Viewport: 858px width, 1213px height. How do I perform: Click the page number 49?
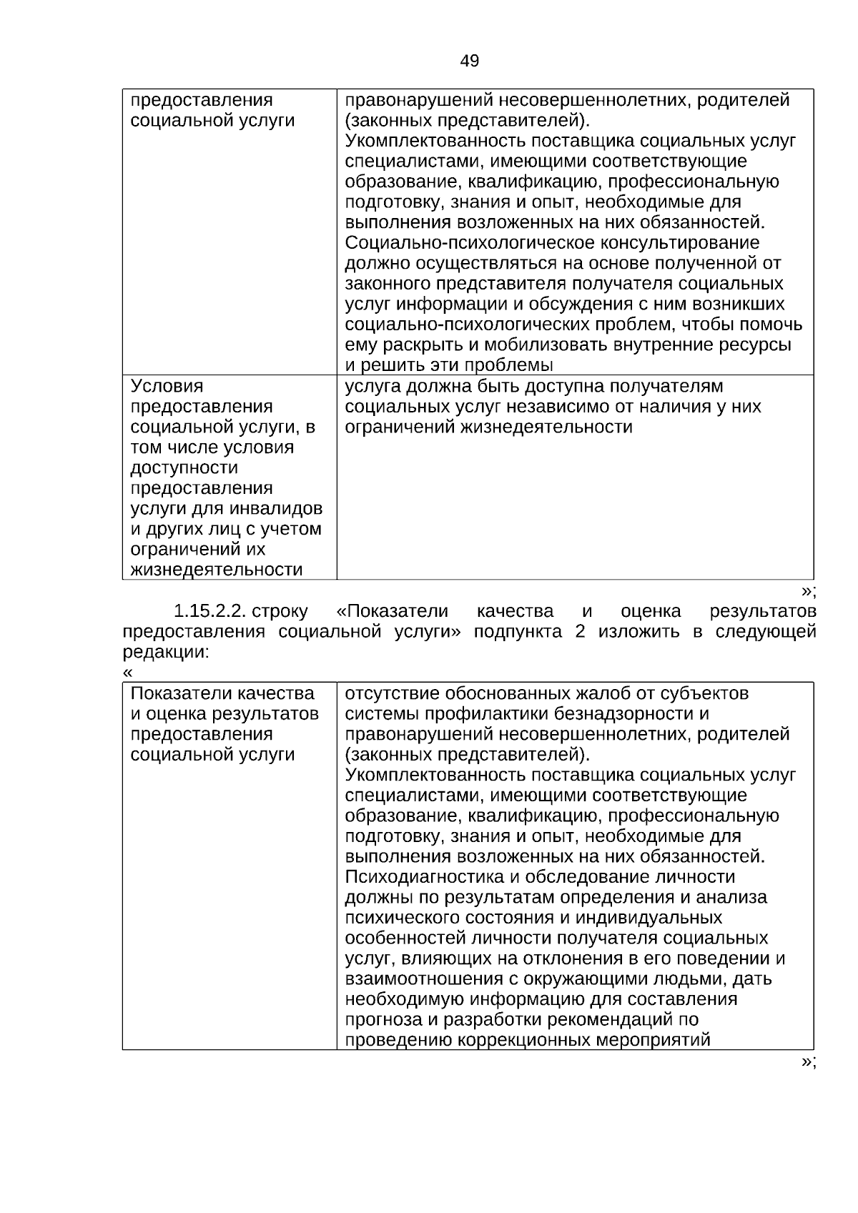(x=470, y=61)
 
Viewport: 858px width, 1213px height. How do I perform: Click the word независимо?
(x=568, y=407)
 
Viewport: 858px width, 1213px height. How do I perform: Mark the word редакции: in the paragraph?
(x=166, y=653)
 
